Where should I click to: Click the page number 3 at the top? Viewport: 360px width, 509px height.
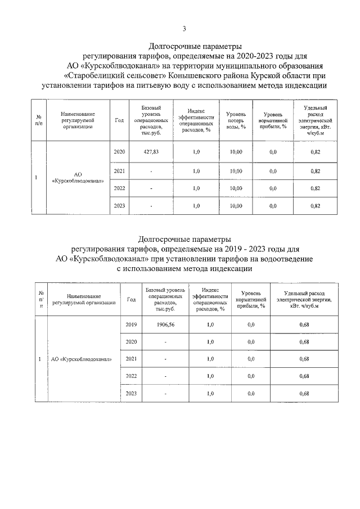(x=184, y=29)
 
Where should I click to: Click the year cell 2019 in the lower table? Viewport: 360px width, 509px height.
(x=132, y=325)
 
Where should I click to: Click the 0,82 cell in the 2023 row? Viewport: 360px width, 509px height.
(x=315, y=206)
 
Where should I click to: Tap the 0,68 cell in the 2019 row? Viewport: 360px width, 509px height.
(x=304, y=325)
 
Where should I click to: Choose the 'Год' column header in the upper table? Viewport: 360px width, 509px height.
(x=119, y=120)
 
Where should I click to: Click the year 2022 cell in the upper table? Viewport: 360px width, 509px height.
(x=119, y=188)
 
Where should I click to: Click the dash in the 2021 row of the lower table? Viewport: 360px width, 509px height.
(x=165, y=359)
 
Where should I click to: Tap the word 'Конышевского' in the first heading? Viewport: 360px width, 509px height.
(x=205, y=75)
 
